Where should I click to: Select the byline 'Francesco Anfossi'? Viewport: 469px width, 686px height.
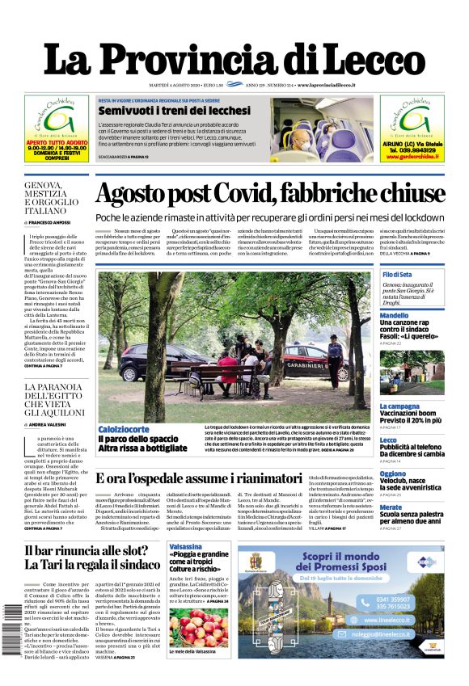[x=53, y=221]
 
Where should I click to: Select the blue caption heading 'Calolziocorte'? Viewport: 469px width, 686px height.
[x=123, y=429]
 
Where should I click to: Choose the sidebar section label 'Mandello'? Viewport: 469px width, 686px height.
[x=395, y=316]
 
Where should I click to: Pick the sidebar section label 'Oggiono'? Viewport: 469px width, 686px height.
[x=393, y=474]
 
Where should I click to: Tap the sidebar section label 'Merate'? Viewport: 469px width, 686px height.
[x=391, y=507]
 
